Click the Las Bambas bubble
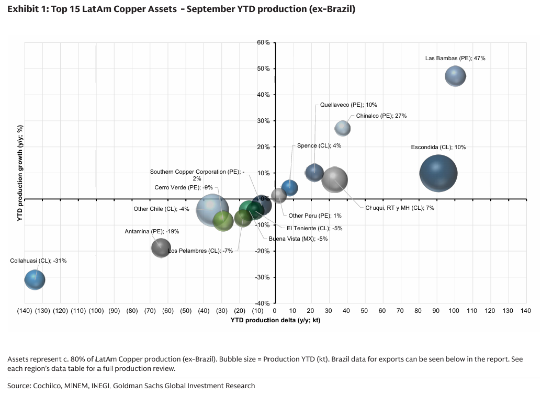click(x=455, y=77)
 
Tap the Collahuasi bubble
click(x=35, y=280)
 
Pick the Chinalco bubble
click(x=342, y=128)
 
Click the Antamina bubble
click(x=161, y=247)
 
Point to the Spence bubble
click(x=290, y=188)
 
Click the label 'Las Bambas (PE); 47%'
click(x=455, y=58)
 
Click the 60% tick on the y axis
click(x=263, y=42)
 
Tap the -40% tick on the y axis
click(x=262, y=303)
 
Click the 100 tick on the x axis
click(x=454, y=311)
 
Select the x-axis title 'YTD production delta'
click(x=275, y=320)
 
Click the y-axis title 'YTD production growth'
click(x=19, y=173)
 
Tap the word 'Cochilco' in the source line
click(x=46, y=386)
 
